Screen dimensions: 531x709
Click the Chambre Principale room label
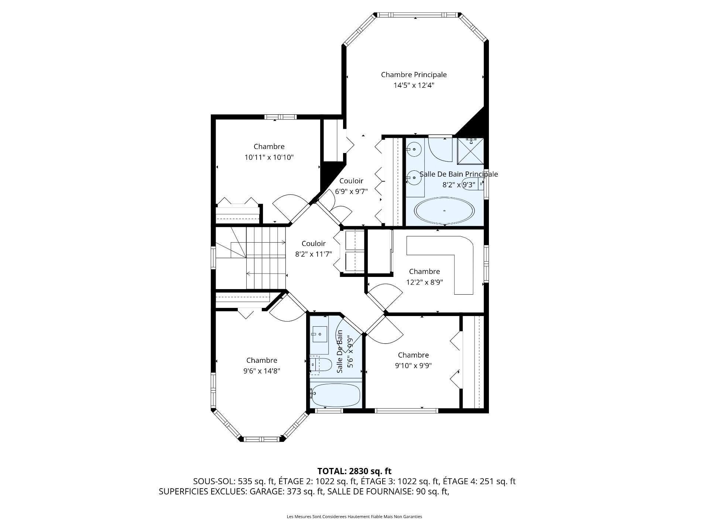(414, 75)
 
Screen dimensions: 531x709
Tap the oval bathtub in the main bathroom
(444, 211)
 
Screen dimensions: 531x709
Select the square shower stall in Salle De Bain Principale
(470, 151)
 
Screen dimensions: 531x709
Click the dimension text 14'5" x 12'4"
(414, 86)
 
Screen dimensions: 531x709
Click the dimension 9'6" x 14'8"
(261, 371)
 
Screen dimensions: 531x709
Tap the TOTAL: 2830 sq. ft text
(354, 471)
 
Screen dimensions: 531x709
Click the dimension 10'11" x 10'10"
(269, 157)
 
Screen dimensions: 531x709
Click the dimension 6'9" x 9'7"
(351, 192)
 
